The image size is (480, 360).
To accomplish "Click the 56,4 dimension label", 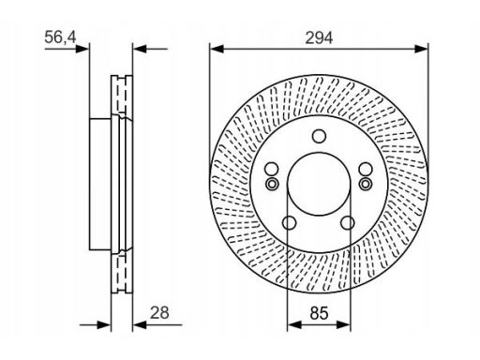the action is pyautogui.click(x=60, y=37).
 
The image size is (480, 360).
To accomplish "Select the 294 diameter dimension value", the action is pyautogui.click(x=319, y=38).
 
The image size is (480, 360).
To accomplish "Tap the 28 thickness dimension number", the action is pyautogui.click(x=159, y=312).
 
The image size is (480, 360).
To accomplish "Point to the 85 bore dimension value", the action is pyautogui.click(x=320, y=313).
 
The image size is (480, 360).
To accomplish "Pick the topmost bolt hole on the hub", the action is pyautogui.click(x=319, y=136).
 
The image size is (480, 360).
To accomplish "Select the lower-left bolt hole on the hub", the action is pyautogui.click(x=289, y=223).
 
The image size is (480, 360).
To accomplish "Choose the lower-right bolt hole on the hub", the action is pyautogui.click(x=348, y=223).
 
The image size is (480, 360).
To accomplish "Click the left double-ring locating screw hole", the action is pyautogui.click(x=272, y=184).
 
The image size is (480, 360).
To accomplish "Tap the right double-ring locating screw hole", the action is pyautogui.click(x=366, y=184).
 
